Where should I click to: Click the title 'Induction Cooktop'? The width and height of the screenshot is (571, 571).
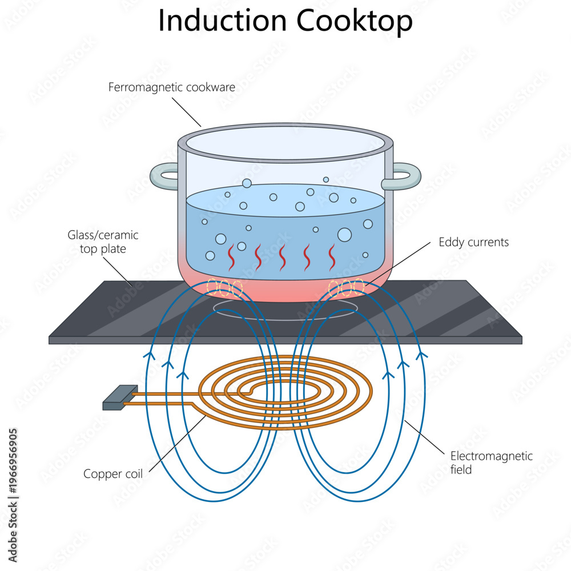(285, 21)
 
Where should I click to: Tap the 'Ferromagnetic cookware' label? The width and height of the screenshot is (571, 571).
(171, 87)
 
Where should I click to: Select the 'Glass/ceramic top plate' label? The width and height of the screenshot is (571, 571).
(103, 242)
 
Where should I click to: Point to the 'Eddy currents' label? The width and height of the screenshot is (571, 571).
(473, 242)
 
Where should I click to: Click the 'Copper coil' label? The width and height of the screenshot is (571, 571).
(113, 474)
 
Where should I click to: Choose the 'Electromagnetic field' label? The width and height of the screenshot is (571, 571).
(491, 463)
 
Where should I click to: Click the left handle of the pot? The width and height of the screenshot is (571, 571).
(164, 176)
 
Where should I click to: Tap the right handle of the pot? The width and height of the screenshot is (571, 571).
(402, 176)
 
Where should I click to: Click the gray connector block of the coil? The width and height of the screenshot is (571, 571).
(120, 397)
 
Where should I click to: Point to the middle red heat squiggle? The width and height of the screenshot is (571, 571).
(282, 257)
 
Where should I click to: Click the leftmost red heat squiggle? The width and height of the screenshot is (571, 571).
(231, 257)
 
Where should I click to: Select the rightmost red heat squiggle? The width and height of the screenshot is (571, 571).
(332, 257)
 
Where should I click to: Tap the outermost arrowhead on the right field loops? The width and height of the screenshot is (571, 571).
(421, 355)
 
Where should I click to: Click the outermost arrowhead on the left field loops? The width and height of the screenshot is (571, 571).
(149, 355)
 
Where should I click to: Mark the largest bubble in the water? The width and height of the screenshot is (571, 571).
(344, 235)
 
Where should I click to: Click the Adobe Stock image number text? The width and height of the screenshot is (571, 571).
(13, 462)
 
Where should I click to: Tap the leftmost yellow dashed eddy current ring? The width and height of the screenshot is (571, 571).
(212, 287)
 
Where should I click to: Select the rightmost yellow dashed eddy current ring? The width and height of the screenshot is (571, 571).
(359, 287)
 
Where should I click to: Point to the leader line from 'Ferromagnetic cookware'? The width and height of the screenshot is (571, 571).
(187, 112)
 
